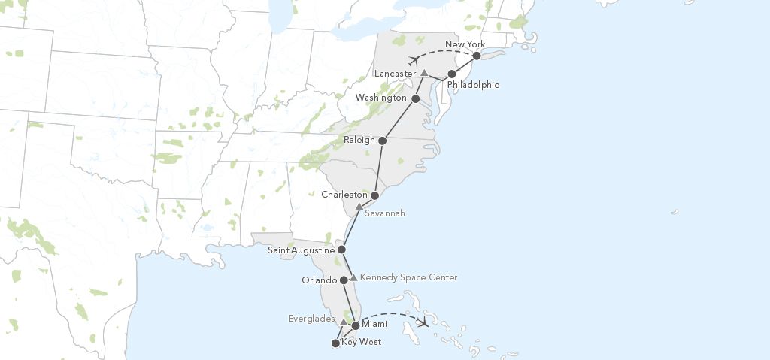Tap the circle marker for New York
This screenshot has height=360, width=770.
point(477,56)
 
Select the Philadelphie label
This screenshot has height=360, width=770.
point(473,85)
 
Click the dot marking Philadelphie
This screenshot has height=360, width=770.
point(452,74)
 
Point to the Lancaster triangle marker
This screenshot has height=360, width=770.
point(424,73)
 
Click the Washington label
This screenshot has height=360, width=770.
point(380,98)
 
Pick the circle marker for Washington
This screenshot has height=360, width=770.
point(415,98)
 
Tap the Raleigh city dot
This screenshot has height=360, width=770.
point(383,141)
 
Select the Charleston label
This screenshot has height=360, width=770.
point(344,195)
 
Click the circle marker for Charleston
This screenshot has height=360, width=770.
point(374,195)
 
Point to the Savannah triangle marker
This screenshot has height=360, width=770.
point(359,206)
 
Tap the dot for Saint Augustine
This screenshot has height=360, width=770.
point(341,250)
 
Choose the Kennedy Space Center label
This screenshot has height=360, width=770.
point(408,277)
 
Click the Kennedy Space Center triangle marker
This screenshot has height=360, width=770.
point(353,277)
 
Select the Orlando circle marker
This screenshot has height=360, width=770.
point(344,280)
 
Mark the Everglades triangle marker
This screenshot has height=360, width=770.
point(344,322)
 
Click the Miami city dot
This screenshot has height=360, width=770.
point(356,325)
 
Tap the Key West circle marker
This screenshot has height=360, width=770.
point(335,343)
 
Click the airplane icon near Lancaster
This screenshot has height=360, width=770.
point(414,59)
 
